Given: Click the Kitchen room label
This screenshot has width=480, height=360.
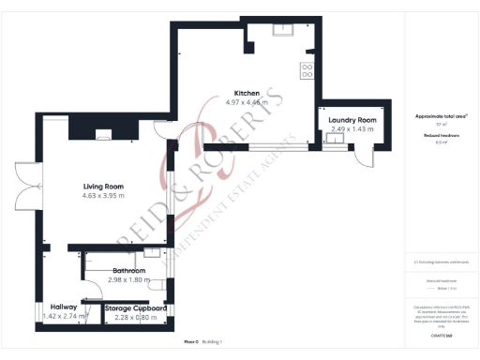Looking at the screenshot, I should (x=247, y=93).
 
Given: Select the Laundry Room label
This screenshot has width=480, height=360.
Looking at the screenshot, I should (x=352, y=120).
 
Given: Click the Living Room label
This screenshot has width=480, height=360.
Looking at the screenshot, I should (x=103, y=187).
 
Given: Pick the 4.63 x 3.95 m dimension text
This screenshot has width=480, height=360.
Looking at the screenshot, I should (x=103, y=196).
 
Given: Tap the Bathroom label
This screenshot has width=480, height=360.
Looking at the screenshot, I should (x=129, y=271).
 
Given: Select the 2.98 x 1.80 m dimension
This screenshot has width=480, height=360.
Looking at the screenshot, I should (x=129, y=279).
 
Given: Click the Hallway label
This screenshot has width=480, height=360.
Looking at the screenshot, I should (x=64, y=307).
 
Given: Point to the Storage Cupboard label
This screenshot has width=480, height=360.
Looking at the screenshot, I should (x=136, y=307).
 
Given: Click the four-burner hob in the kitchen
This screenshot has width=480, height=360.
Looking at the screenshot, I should (x=307, y=70).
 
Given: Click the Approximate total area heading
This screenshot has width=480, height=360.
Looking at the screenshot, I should (x=441, y=116).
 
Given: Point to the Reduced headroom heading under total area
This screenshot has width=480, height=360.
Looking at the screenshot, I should (x=441, y=135).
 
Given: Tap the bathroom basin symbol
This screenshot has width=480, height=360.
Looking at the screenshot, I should (x=152, y=252).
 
